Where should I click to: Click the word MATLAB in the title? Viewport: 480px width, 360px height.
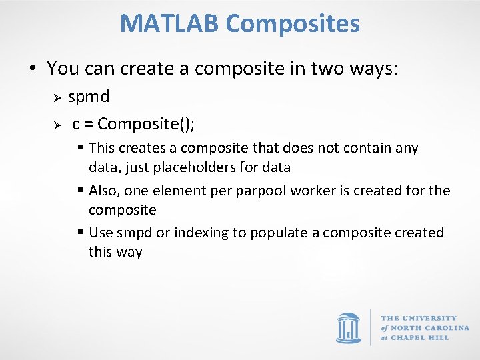pos(169,23)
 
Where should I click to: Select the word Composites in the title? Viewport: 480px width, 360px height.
pos(293,23)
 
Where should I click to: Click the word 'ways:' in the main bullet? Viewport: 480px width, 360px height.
pos(377,68)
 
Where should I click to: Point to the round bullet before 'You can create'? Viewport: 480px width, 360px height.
pos(32,69)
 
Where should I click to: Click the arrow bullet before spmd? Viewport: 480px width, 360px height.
pos(58,98)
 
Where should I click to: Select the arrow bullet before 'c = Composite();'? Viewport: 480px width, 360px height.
pos(58,125)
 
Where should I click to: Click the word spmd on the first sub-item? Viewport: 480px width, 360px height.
pos(89,97)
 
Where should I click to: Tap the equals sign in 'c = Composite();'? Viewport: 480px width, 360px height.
pos(89,125)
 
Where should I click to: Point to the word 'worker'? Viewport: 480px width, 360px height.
pos(321,191)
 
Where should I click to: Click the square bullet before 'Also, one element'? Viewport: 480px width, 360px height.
pos(80,191)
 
